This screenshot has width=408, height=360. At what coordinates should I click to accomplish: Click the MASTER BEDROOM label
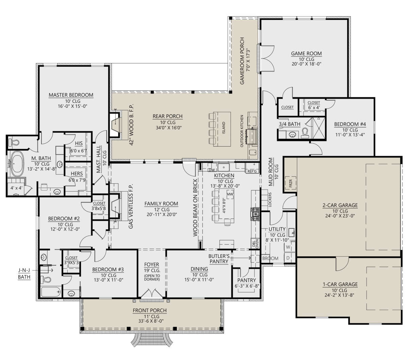[71, 95]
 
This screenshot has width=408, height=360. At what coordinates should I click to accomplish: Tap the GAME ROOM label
[306, 53]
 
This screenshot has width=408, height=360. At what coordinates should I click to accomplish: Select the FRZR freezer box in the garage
[290, 183]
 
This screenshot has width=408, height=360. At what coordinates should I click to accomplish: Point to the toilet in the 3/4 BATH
[305, 133]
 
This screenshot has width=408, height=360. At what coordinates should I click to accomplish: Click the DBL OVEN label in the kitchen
[255, 244]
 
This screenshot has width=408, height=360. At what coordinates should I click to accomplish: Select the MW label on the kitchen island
[230, 194]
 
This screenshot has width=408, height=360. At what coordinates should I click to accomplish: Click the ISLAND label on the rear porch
[223, 128]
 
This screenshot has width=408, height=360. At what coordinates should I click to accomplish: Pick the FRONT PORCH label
[150, 310]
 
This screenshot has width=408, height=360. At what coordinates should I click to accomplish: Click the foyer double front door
[151, 294]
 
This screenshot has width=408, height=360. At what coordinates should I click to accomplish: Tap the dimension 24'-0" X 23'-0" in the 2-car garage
[340, 216]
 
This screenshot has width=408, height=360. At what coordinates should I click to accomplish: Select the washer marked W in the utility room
[288, 247]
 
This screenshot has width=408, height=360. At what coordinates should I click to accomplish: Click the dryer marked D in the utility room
[288, 258]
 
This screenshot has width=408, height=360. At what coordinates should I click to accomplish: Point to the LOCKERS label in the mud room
[270, 199]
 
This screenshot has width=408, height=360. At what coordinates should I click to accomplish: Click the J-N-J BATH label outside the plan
[24, 274]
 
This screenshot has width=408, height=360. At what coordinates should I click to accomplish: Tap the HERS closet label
[77, 174]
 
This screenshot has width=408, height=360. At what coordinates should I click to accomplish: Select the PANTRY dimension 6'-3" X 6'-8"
[247, 286]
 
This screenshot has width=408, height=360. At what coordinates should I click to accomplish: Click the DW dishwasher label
[212, 170]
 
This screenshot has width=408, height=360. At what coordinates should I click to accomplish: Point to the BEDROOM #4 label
[350, 124]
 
